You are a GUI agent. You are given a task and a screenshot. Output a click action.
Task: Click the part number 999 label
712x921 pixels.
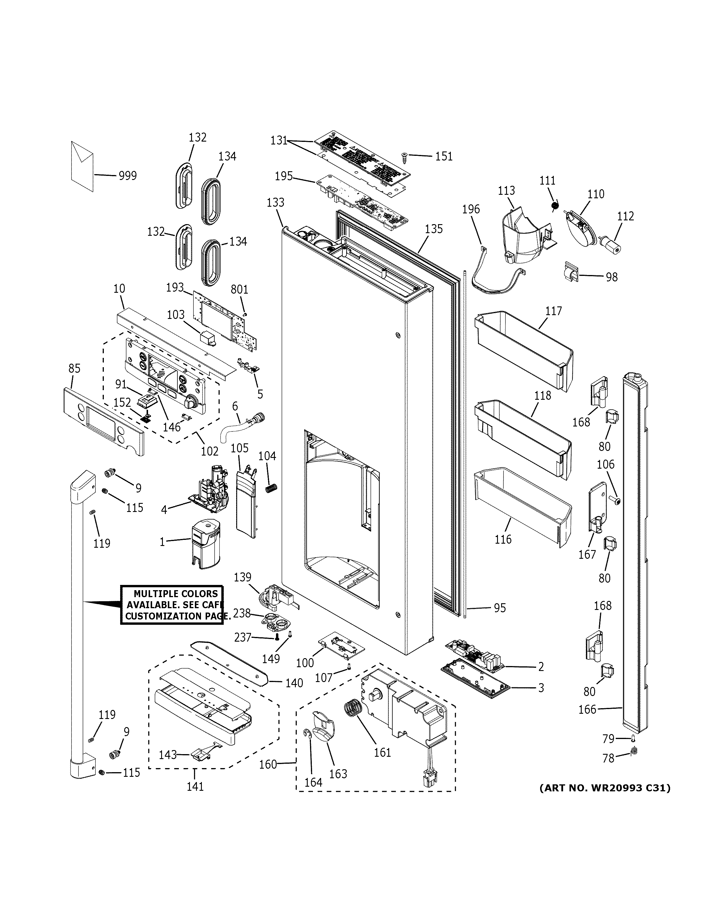coord(127,176)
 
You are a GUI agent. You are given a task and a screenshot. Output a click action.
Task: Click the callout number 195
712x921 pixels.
coord(284,176)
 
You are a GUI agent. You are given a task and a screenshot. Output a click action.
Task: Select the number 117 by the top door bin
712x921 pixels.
coord(553,311)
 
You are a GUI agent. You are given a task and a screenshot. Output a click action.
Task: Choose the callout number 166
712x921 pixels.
coord(587,709)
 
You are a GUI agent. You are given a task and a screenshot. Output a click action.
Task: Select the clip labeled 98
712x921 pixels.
coord(571,272)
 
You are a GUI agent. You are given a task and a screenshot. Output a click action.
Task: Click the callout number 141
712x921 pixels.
coord(195,786)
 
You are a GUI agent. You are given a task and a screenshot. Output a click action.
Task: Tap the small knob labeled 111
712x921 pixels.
coord(555,206)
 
